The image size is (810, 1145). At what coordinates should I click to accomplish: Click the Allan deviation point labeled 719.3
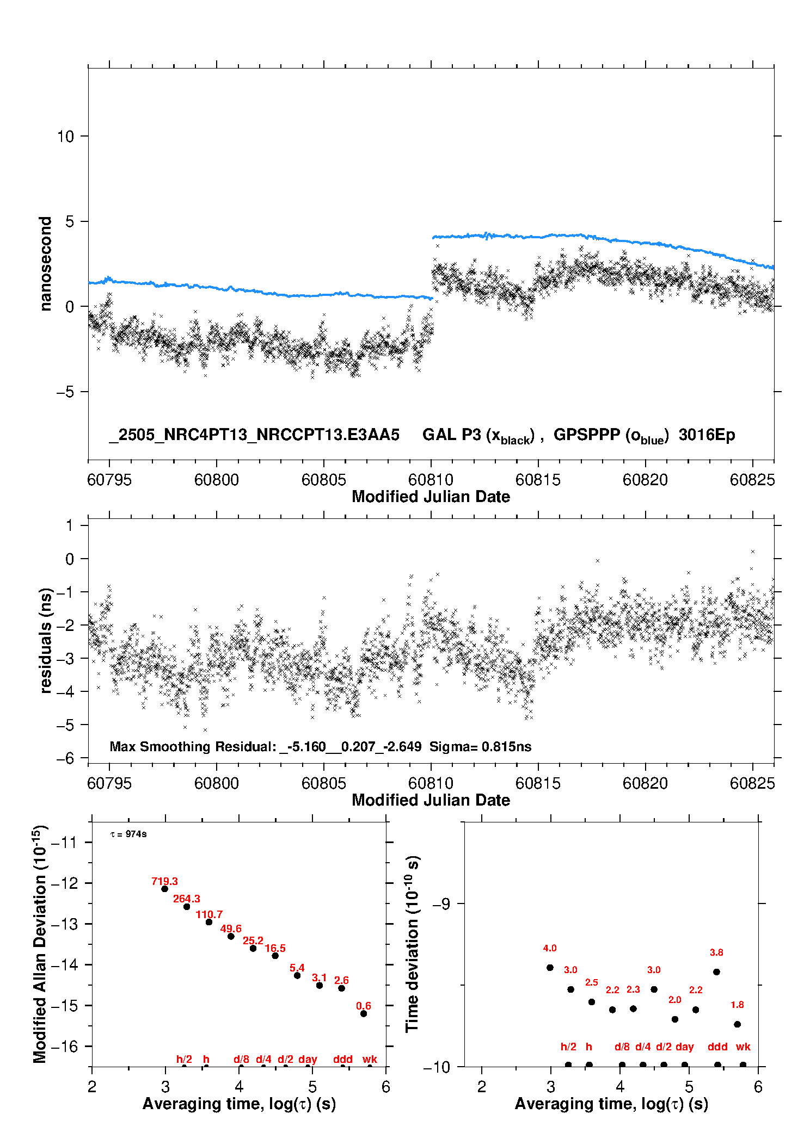tap(164, 889)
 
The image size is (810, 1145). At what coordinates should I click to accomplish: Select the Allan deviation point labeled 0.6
tap(364, 1013)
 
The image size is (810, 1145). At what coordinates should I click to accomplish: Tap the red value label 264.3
tap(187, 899)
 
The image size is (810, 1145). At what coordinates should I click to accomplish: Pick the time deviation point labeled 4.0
tap(550, 968)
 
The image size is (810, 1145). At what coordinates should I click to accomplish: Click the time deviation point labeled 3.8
tap(716, 972)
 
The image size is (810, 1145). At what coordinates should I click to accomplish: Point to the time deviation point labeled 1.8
tap(737, 1024)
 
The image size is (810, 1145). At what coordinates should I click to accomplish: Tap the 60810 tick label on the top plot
tap(431, 480)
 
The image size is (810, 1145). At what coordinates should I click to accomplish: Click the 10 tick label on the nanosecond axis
tap(65, 137)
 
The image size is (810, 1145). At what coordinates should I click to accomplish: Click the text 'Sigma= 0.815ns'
tap(480, 746)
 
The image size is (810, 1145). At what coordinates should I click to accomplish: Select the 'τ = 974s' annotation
tap(128, 834)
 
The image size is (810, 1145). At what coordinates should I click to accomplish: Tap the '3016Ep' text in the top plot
tap(707, 435)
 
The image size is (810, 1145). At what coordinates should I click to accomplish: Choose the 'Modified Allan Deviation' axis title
tap(40, 944)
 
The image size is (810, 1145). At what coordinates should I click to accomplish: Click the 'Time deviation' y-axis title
tap(412, 944)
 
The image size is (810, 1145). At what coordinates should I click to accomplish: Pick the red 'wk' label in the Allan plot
tap(370, 1059)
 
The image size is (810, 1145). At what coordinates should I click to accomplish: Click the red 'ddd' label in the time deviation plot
tap(717, 1047)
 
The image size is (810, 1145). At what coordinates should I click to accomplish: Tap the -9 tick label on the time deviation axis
tap(441, 904)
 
